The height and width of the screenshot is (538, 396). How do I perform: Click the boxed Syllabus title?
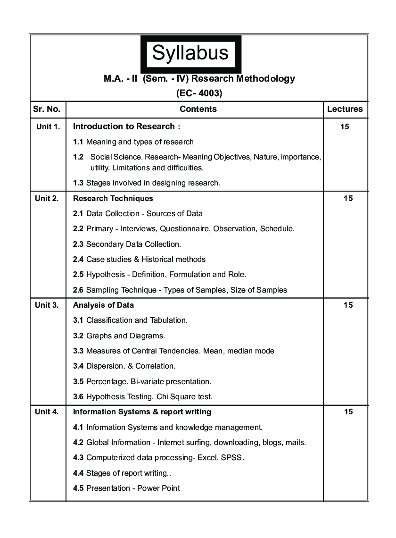pyautogui.click(x=190, y=53)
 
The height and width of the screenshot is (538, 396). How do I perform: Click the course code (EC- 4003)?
pyautogui.click(x=198, y=93)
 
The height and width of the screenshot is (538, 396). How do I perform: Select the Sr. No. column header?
pyautogui.click(x=47, y=109)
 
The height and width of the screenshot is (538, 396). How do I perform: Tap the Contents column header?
pyautogui.click(x=198, y=109)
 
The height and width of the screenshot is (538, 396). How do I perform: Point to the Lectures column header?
pyautogui.click(x=345, y=109)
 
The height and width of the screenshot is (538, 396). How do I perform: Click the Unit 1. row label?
pyautogui.click(x=47, y=126)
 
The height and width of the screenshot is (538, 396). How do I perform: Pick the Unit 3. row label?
pyautogui.click(x=47, y=305)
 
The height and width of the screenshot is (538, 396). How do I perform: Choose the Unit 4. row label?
pyautogui.click(x=47, y=412)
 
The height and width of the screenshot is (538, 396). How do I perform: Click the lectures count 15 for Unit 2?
pyautogui.click(x=348, y=198)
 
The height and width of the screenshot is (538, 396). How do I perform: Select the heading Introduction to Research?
pyautogui.click(x=124, y=126)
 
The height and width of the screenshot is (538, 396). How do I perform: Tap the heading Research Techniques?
pyautogui.click(x=113, y=198)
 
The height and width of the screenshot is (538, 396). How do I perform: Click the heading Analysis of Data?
pyautogui.click(x=103, y=305)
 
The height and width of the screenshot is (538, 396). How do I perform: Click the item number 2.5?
pyautogui.click(x=78, y=274)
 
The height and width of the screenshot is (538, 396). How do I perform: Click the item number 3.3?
pyautogui.click(x=78, y=351)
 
